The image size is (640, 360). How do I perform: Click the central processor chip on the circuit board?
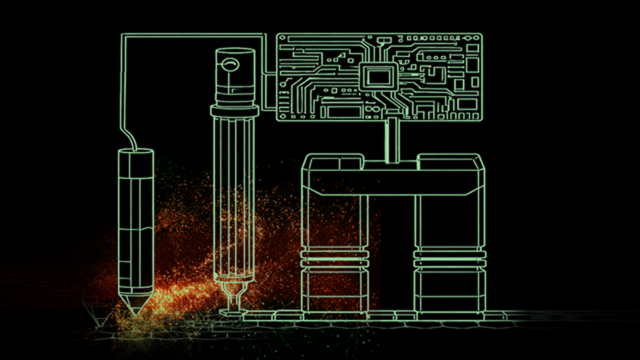pyautogui.click(x=377, y=74)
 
